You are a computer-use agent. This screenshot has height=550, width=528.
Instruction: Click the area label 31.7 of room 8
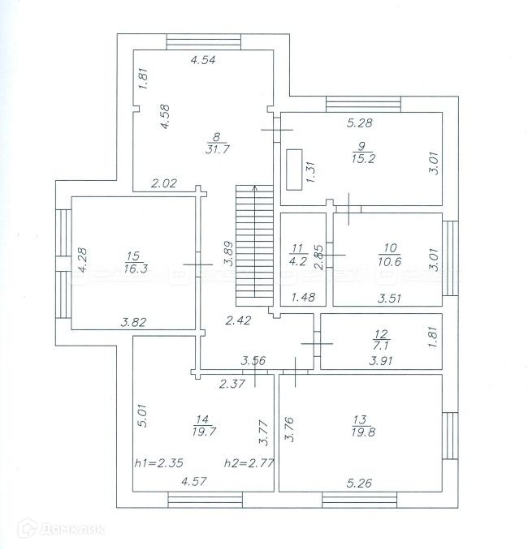[x=216, y=149]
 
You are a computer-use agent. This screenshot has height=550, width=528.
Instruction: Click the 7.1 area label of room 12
[x=380, y=343]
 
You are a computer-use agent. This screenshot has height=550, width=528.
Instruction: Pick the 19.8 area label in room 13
[x=361, y=432]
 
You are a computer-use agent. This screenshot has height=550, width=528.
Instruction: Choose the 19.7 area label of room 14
[x=202, y=432]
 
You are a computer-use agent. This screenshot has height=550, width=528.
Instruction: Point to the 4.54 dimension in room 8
[x=202, y=59]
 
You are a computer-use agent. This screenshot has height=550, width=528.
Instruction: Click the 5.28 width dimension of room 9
[x=359, y=122]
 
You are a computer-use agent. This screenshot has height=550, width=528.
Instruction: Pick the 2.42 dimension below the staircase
[x=238, y=320]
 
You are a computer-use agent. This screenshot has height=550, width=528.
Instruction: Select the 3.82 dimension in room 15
[x=134, y=322]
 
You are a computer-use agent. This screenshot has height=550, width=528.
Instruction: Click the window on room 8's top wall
[x=204, y=41]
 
